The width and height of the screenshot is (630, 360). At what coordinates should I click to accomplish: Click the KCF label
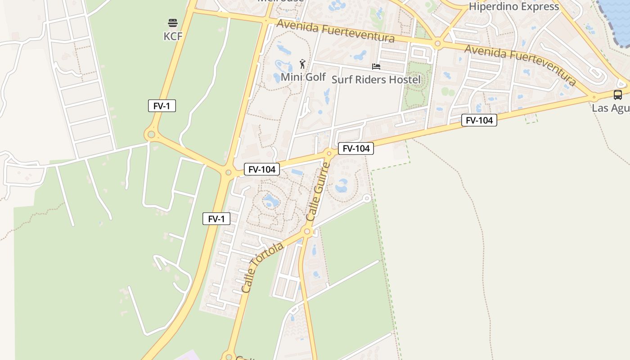[173, 36]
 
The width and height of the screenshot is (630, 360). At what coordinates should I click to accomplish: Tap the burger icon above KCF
[173, 22]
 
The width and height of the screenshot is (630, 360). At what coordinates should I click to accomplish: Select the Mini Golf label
[303, 77]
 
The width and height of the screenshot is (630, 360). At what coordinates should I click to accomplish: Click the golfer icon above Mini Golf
[303, 64]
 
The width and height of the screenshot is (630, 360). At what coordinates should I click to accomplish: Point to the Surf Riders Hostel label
[376, 80]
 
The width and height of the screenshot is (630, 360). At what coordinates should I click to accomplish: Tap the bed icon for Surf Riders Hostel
[376, 67]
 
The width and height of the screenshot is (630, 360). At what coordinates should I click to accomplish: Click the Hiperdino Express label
[514, 6]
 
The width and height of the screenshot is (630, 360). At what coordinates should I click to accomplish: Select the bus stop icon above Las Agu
[618, 95]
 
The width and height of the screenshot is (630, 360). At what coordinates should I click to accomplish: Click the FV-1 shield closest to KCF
[162, 106]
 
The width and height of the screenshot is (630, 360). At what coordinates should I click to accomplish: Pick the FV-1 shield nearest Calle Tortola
[216, 219]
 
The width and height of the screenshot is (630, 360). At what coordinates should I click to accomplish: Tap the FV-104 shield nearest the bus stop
[479, 120]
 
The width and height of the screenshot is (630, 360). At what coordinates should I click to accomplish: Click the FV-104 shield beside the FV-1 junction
[262, 169]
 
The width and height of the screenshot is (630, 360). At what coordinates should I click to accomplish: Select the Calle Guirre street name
[318, 192]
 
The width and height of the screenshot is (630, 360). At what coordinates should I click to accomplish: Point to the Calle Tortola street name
[262, 268]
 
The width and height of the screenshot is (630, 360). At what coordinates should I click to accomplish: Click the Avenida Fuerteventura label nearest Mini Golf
[335, 31]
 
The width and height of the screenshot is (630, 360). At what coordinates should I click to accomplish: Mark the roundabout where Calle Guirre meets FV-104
[329, 154]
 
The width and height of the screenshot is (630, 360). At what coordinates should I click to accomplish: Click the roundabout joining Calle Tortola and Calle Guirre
[308, 232]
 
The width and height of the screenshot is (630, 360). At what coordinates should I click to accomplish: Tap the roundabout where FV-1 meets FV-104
[228, 172]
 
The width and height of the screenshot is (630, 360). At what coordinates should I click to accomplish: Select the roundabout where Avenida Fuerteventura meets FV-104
[594, 97]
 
